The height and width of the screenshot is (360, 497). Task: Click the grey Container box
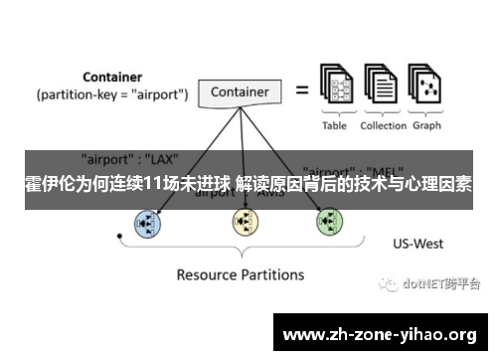[241, 92]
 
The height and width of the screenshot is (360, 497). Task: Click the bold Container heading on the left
[111, 76]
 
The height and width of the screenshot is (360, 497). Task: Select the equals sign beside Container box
[299, 91]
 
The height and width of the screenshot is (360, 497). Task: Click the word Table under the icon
[335, 126]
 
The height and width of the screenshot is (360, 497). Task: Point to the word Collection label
[383, 126]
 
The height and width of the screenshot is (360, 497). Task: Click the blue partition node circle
[148, 223]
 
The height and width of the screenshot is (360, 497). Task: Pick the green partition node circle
[329, 222]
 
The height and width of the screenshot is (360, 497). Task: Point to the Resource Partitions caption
[240, 273]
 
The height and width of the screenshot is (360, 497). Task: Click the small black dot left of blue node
[119, 237]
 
